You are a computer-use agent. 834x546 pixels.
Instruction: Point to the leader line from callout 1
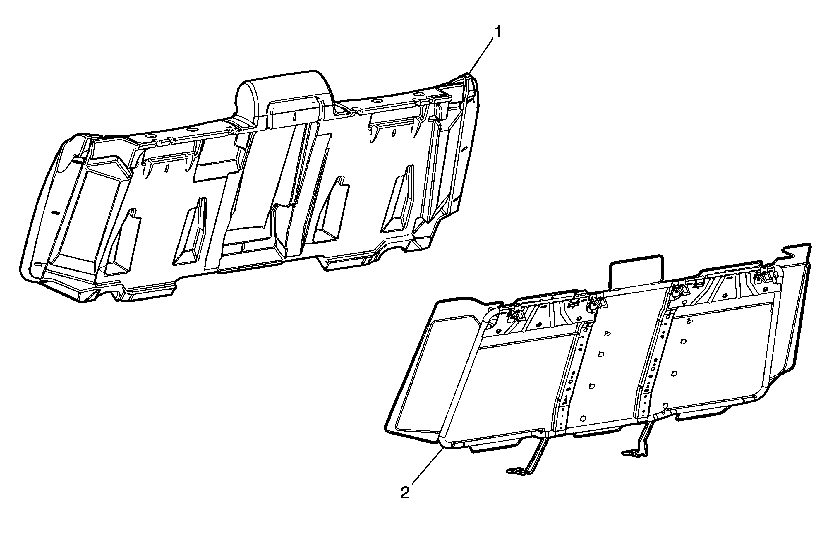pyautogui.click(x=481, y=56)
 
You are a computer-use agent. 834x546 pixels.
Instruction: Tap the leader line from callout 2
pyautogui.click(x=427, y=467)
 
